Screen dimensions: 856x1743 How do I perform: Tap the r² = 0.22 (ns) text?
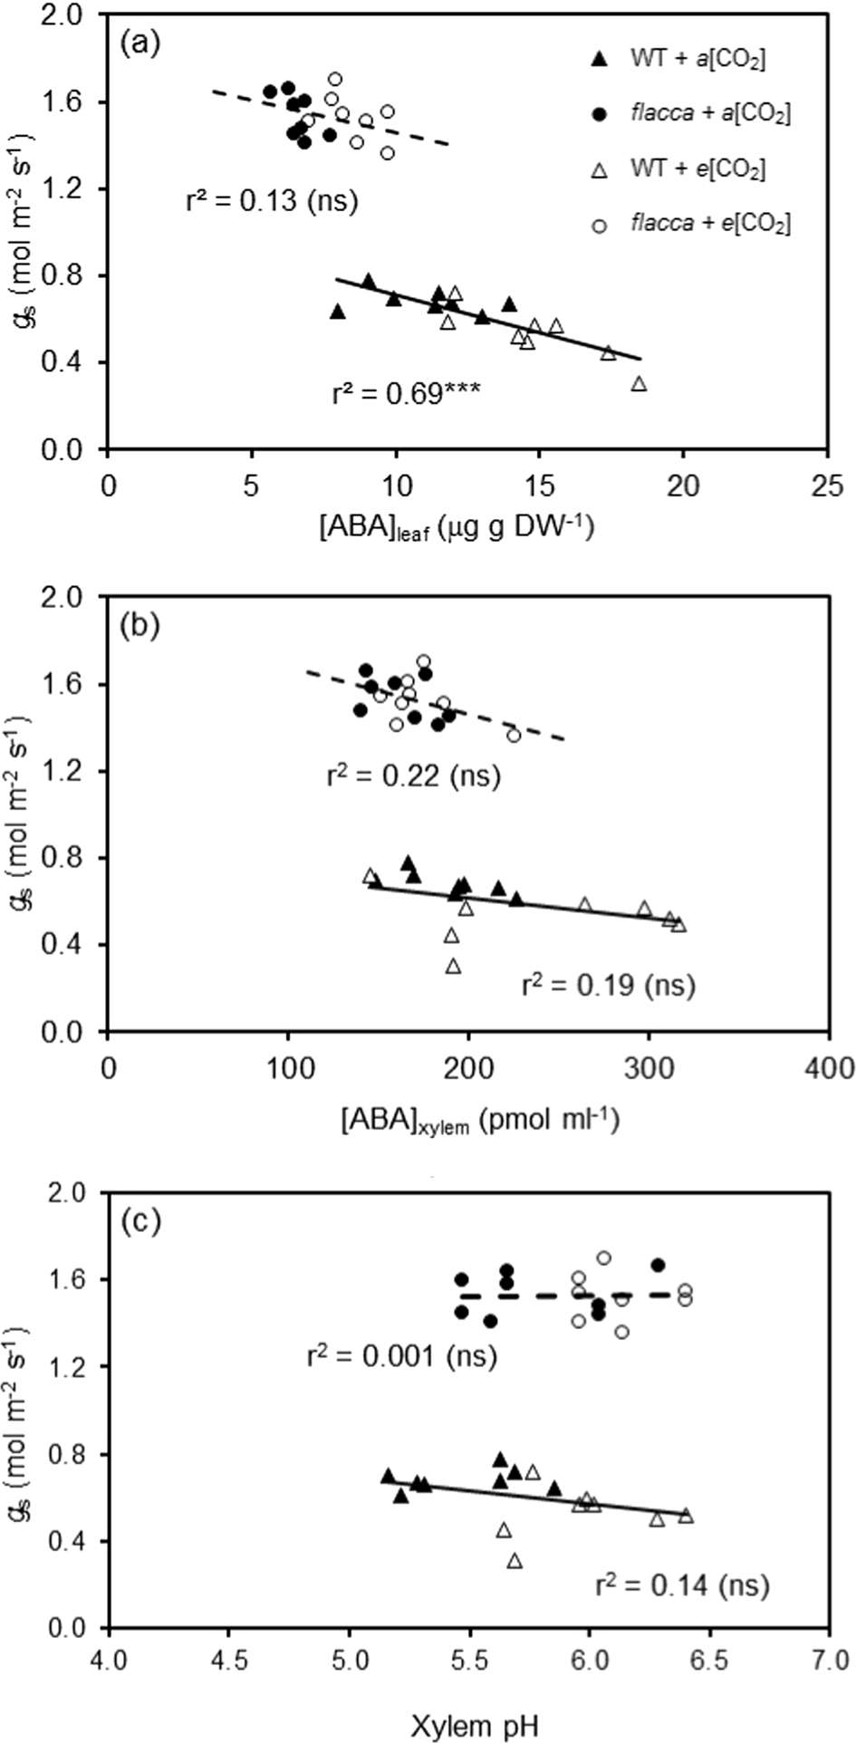coord(413,776)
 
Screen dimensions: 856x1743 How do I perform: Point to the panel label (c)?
coord(140,1222)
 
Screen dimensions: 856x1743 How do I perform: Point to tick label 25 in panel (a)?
coord(826,486)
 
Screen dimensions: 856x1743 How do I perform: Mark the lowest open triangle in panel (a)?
coord(639,384)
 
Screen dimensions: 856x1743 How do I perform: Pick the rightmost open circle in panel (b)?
coord(514,736)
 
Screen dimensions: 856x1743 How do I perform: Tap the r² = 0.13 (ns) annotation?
coord(272,200)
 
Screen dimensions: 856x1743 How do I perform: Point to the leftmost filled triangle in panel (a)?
coord(338,312)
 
